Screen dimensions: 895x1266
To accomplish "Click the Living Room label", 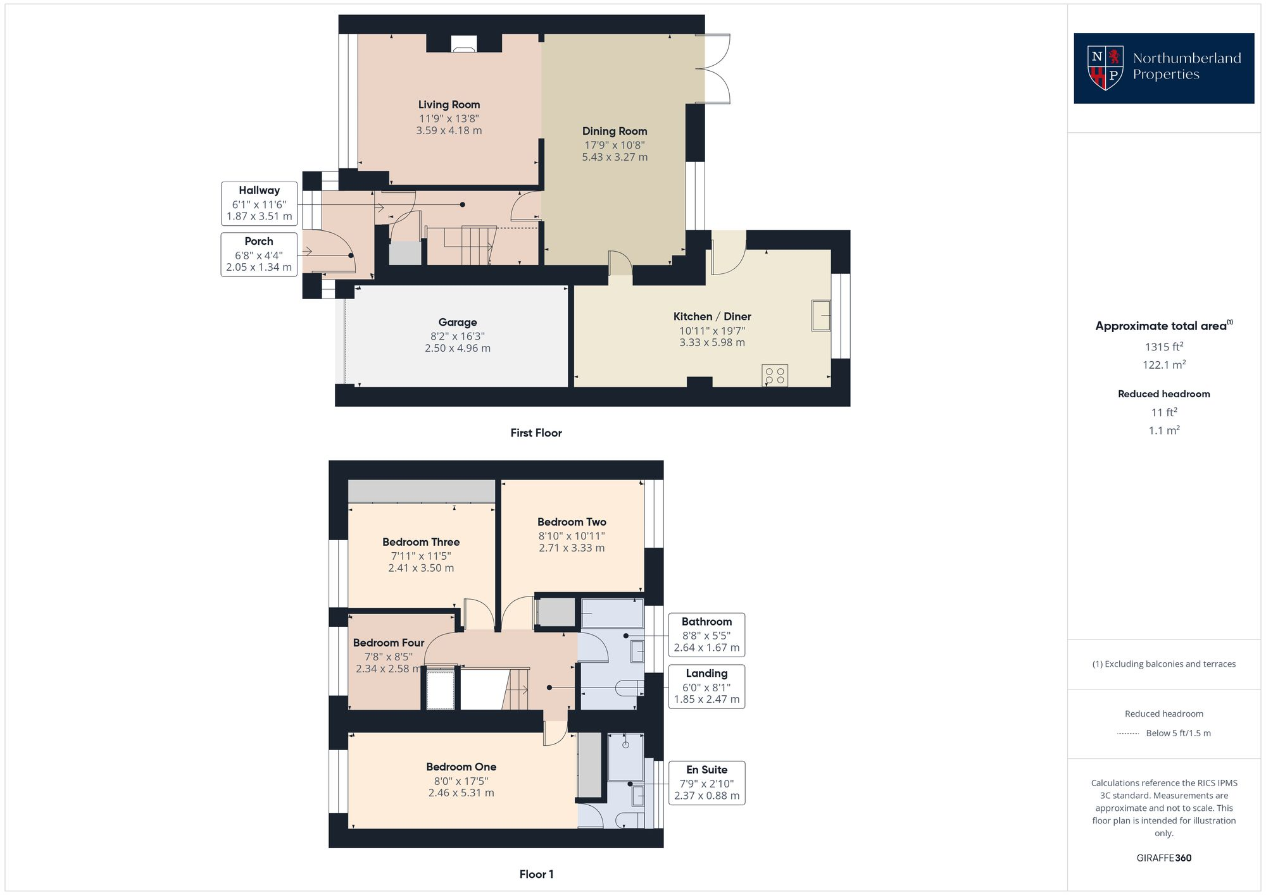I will tap(449, 104).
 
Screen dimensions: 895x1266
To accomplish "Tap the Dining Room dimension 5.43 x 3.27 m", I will tap(615, 157).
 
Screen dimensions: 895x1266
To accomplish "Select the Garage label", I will tap(457, 322).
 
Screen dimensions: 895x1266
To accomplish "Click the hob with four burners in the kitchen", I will tap(775, 375).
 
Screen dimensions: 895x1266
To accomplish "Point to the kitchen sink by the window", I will tap(821, 315).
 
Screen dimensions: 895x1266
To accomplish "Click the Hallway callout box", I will tap(259, 203).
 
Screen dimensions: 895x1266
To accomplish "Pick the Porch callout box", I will tap(259, 254).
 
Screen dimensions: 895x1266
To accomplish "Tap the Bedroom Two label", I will tap(572, 522).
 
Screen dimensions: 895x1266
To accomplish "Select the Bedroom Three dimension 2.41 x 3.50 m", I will tap(421, 568).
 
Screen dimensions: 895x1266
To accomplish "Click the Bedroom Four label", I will tap(388, 643).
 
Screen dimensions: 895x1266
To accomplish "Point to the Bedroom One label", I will tap(461, 767).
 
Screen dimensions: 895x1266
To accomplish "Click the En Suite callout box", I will tap(706, 782).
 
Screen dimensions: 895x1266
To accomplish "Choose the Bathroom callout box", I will tap(706, 634).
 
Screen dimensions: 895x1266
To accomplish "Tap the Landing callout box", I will tap(706, 686).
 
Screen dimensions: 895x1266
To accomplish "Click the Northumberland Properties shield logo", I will tap(1105, 68).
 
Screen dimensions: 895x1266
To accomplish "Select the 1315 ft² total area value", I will tap(1163, 347).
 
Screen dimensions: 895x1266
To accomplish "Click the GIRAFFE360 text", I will tap(1163, 858).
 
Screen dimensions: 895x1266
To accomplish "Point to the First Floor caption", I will tap(536, 433).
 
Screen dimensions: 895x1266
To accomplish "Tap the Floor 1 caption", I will tap(536, 874).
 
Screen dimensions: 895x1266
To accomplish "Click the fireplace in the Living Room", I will tap(463, 44).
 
